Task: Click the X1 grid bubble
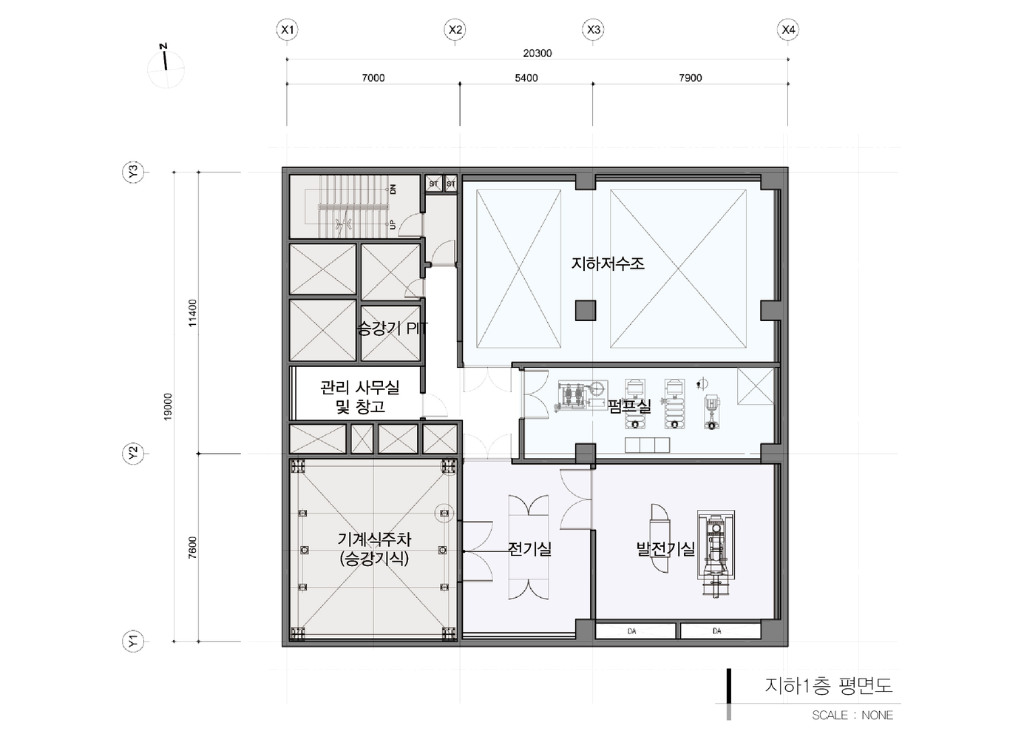(287, 30)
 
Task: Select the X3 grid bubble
(593, 30)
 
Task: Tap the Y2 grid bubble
(133, 454)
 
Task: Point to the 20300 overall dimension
(538, 53)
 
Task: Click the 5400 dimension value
(526, 78)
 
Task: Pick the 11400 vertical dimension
(192, 313)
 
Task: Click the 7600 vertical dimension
(192, 548)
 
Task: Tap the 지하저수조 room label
(608, 263)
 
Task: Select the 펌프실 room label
(629, 406)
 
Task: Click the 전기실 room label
(530, 548)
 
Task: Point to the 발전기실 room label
(665, 548)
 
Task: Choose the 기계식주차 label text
(374, 539)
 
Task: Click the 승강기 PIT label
(393, 328)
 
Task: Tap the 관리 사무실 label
(360, 388)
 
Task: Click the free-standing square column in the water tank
(585, 310)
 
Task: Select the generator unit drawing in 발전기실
(716, 554)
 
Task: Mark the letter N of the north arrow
(163, 46)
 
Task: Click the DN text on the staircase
(393, 189)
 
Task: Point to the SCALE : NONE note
(852, 716)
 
